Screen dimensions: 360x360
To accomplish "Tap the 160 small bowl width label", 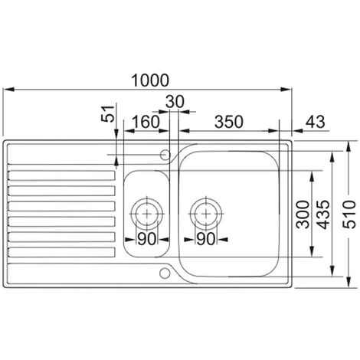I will click(146, 120).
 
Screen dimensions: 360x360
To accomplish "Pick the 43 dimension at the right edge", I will click(316, 120).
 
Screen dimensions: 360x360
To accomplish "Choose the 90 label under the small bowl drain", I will click(146, 240).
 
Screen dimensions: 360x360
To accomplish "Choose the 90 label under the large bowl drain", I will click(205, 240).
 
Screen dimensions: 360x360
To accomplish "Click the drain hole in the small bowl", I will click(146, 209).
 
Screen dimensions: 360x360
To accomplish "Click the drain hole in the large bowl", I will click(205, 209).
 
